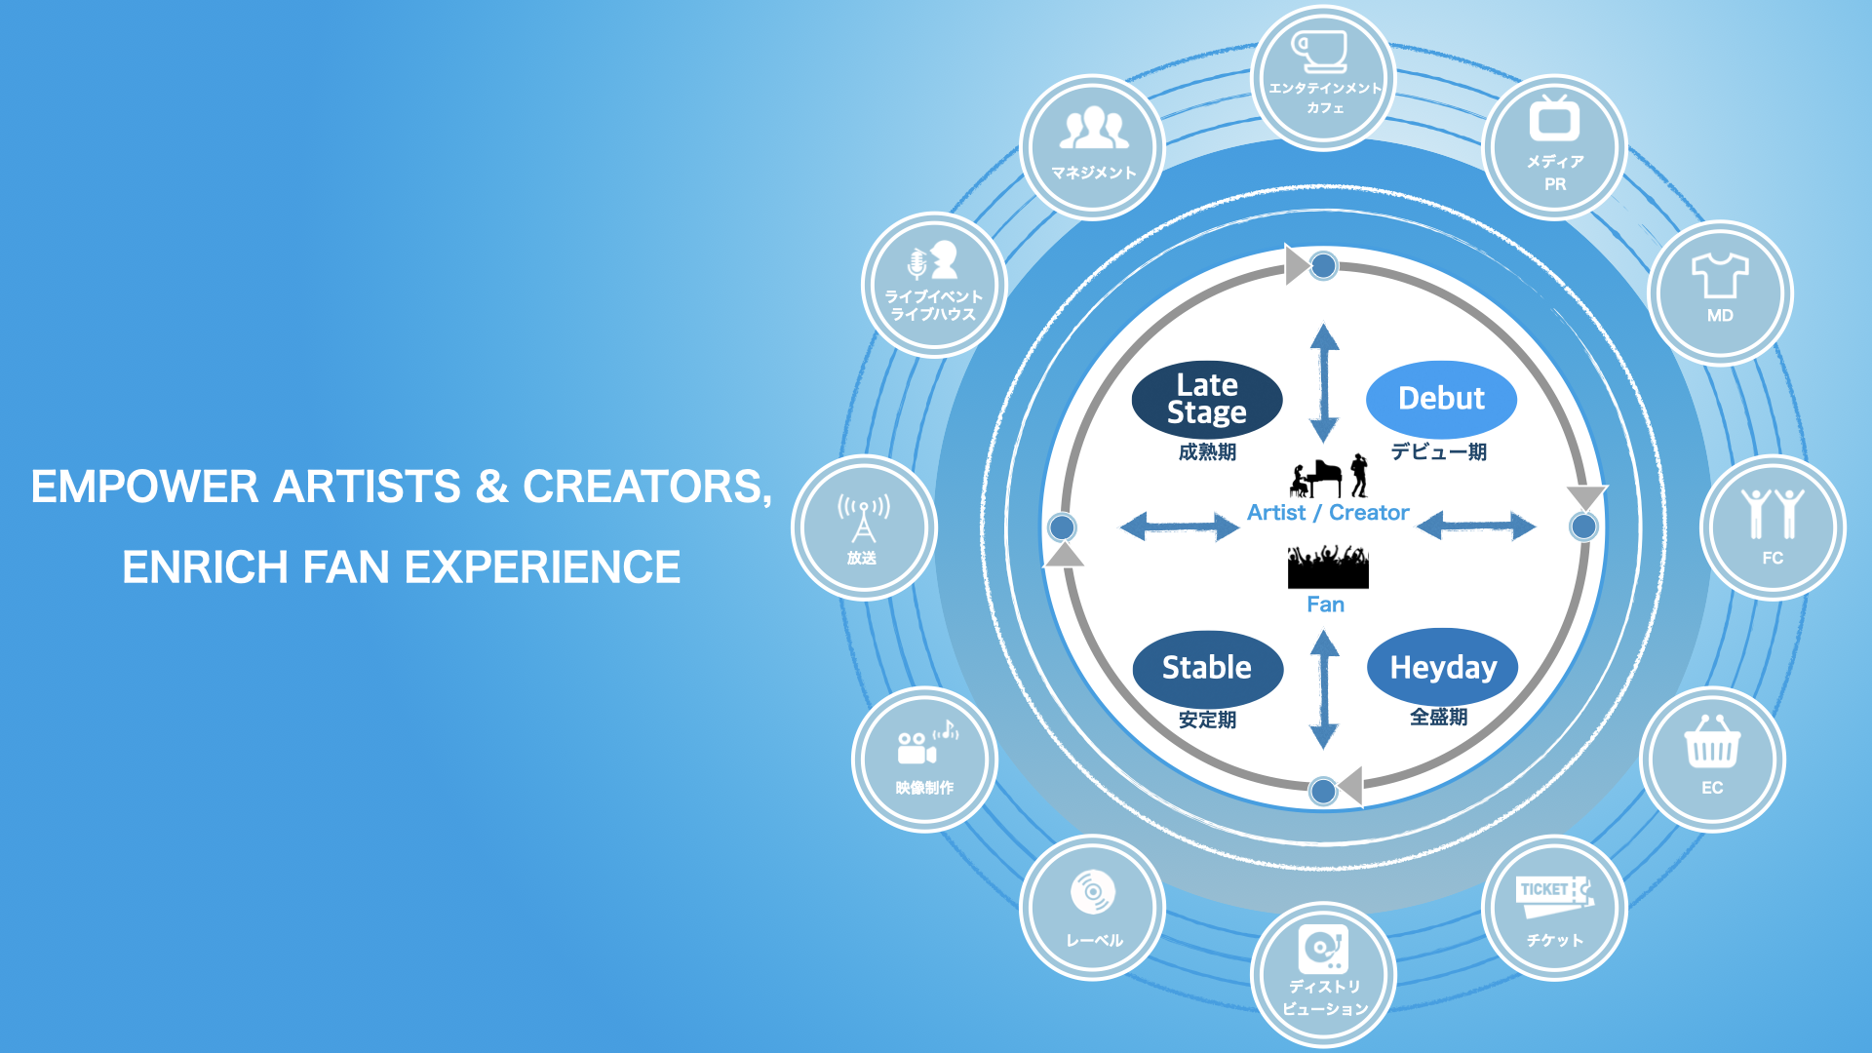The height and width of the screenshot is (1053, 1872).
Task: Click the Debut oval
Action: click(1441, 399)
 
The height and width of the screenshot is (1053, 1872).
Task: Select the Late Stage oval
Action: click(1207, 399)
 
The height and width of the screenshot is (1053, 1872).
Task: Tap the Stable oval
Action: click(1207, 668)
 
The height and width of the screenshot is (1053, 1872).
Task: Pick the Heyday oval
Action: click(1442, 668)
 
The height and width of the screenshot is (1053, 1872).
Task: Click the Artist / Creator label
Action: click(1328, 513)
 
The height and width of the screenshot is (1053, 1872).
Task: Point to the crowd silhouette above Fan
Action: click(1328, 566)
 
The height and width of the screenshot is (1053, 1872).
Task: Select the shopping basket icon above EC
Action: click(1712, 744)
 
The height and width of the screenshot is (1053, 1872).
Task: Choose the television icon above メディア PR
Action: click(1554, 120)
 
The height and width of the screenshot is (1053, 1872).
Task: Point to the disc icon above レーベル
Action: click(1093, 891)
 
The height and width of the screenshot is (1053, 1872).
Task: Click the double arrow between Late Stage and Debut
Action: click(1324, 382)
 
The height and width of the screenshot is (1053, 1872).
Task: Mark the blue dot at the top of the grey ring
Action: click(1323, 265)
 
